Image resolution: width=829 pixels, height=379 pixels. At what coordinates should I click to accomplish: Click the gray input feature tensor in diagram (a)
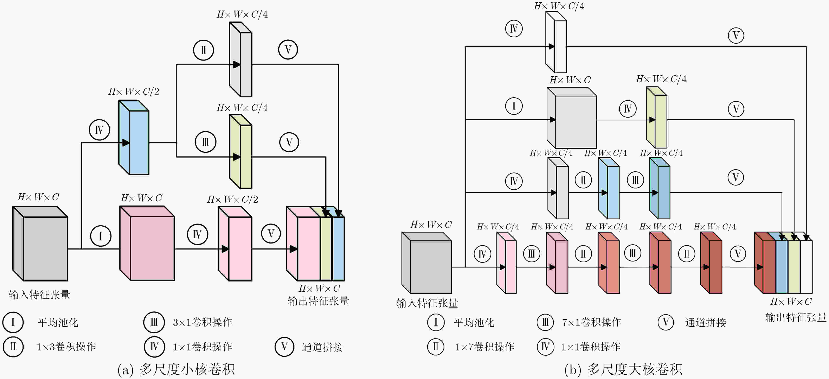coord(40,244)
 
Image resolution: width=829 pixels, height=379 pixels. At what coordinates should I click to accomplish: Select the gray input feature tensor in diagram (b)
coord(427,263)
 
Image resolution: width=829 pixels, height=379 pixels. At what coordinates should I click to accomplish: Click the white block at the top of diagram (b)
coord(556,42)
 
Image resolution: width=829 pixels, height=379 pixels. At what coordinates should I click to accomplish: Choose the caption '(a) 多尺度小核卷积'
coord(176,369)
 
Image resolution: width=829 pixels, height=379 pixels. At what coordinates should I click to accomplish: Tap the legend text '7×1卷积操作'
coord(591,322)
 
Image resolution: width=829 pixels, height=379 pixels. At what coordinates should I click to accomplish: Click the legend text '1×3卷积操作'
coord(66,347)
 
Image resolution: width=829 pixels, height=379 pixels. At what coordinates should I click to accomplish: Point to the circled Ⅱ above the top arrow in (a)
coord(203,50)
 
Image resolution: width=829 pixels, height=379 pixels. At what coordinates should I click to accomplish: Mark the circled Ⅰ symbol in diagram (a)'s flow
coord(101,236)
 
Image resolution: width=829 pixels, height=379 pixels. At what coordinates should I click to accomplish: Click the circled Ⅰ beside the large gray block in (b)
coord(514,106)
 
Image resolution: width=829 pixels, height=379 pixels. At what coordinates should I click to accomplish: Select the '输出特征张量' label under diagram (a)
coord(318,301)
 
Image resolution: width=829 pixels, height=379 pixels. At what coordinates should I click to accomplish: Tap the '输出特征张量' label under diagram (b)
coord(796,317)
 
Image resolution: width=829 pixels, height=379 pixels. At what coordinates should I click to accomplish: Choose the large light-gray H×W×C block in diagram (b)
coord(572,118)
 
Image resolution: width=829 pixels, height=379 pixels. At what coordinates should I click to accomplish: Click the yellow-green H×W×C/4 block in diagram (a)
coord(241,152)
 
